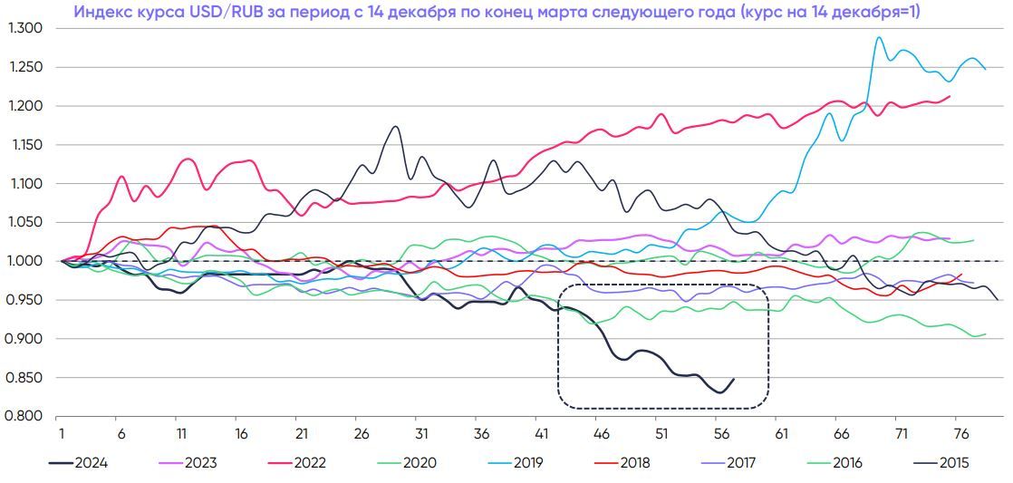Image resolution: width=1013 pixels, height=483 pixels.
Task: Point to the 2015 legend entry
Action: click(953, 462)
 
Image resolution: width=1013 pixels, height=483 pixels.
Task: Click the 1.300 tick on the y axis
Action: click(25, 28)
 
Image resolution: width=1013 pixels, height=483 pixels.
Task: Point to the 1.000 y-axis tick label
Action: click(25, 261)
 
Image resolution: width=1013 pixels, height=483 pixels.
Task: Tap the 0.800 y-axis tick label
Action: click(25, 416)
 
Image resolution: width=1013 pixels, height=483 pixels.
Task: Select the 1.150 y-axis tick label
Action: click(25, 145)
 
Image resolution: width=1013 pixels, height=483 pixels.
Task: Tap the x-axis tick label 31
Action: click(420, 433)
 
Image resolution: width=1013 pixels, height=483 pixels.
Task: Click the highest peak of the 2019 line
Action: click(878, 37)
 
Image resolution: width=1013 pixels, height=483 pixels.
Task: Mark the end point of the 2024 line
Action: click(733, 379)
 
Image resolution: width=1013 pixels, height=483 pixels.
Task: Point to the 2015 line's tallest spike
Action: click(395, 127)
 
